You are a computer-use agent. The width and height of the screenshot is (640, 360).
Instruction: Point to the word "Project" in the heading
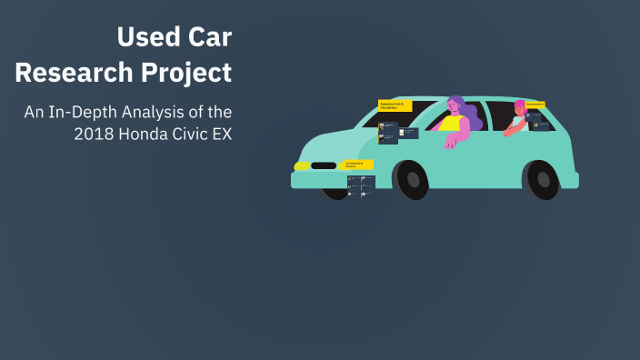(x=186, y=72)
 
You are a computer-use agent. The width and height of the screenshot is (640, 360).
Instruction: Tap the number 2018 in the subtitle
(x=93, y=134)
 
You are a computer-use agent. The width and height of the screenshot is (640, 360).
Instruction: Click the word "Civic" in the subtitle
(x=187, y=134)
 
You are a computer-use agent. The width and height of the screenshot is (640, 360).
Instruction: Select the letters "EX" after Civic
(x=221, y=134)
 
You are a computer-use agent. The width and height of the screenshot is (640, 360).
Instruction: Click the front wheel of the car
(x=413, y=179)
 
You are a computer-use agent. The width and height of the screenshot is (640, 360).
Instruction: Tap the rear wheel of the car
(x=543, y=179)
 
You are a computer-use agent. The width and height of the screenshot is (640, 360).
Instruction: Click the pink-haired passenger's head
(x=520, y=108)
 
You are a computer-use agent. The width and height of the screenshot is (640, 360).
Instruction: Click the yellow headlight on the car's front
(x=301, y=166)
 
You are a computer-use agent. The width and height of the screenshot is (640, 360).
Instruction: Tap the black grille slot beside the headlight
(x=324, y=166)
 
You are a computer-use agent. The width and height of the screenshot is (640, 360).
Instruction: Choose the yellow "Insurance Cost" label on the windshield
(x=395, y=105)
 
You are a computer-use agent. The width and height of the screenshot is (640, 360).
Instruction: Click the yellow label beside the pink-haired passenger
(x=535, y=105)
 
